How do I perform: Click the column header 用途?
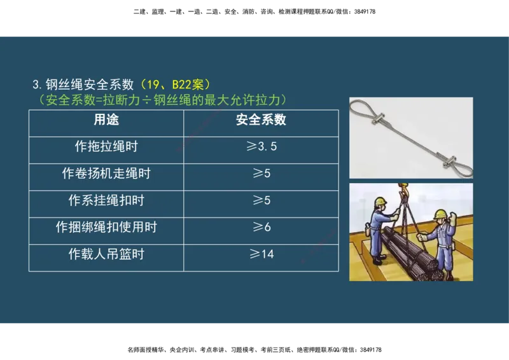(106, 120)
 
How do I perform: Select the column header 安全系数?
(261, 120)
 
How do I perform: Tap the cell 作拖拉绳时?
(106, 146)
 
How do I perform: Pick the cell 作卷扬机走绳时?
(106, 173)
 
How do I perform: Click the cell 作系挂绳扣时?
(106, 200)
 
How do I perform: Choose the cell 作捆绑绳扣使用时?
(106, 227)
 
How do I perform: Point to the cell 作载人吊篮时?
(106, 254)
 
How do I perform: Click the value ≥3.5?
(261, 146)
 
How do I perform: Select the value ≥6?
(261, 227)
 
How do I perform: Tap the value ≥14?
(261, 254)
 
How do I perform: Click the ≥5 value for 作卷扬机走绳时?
(261, 173)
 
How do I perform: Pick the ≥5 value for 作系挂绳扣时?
(261, 200)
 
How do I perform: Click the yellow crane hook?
(402, 188)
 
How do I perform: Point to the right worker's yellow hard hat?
(439, 213)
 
